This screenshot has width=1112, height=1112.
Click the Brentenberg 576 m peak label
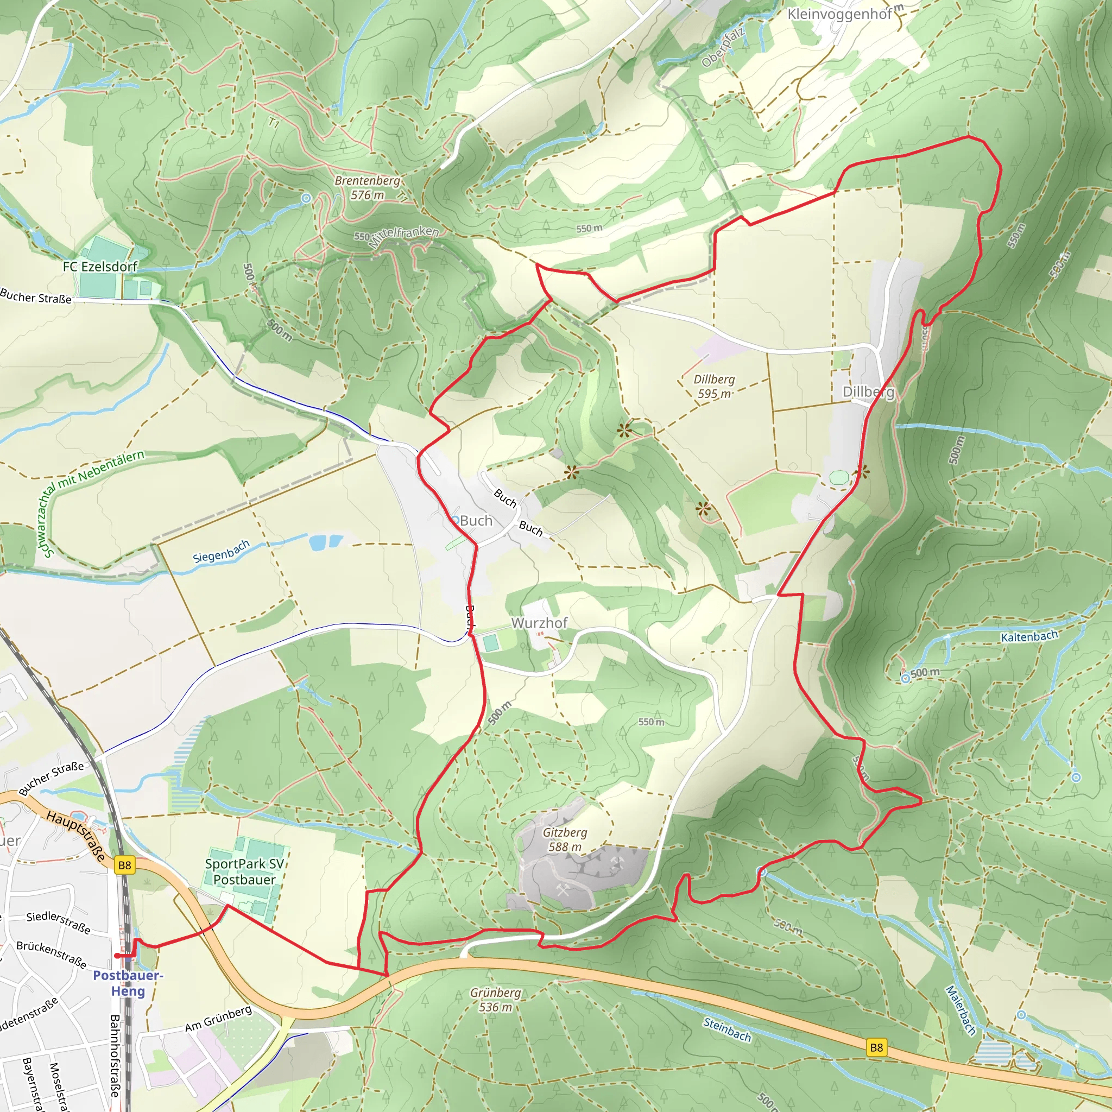[x=367, y=188]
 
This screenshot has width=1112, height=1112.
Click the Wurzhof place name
[x=539, y=623]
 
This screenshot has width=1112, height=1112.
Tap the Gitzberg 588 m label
[x=565, y=839]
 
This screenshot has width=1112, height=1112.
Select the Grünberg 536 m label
[x=495, y=1000]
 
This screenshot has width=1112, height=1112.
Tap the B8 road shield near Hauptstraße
[x=124, y=865]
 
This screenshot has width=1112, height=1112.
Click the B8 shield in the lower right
[x=876, y=1047]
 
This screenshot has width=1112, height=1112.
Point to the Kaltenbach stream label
[x=1029, y=636]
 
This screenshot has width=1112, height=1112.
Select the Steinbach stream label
[x=727, y=1029]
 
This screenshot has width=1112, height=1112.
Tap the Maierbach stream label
[x=960, y=1010]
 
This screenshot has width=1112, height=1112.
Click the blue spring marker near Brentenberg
[x=306, y=199]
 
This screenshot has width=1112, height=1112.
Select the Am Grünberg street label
[x=218, y=1019]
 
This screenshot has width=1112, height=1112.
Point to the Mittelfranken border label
[x=403, y=236]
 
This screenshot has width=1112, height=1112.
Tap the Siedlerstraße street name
[x=58, y=921]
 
